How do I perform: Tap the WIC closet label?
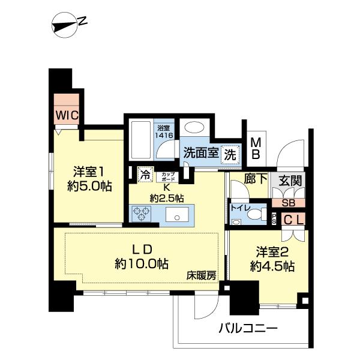(68, 114)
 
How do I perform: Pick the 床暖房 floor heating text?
(201, 277)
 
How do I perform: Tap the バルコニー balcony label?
(247, 328)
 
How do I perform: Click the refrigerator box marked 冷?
(145, 175)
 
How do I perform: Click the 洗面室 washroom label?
(201, 153)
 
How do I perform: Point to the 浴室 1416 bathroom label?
(165, 131)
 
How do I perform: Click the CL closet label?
(293, 220)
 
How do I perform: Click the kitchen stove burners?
(142, 213)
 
